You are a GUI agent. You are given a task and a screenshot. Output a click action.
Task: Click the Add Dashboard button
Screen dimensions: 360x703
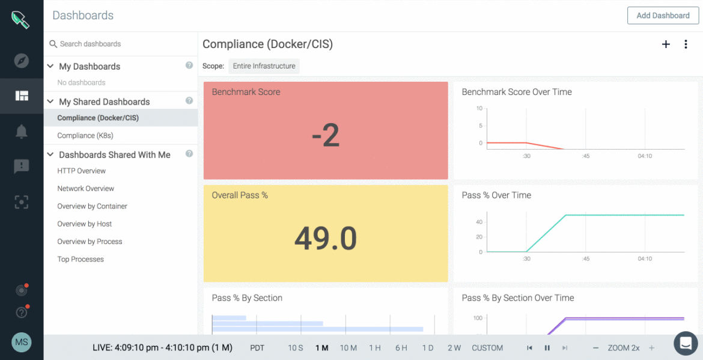point(663,16)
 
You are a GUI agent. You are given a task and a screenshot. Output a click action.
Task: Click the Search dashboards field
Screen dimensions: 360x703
point(120,44)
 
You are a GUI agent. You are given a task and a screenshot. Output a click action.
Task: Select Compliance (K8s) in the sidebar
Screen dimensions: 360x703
point(85,136)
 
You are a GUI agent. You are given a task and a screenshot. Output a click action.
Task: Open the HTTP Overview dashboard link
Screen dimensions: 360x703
point(82,171)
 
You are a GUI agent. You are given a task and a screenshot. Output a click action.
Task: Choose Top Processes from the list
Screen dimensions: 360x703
point(81,260)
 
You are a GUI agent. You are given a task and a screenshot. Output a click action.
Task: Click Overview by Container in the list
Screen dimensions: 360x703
point(92,206)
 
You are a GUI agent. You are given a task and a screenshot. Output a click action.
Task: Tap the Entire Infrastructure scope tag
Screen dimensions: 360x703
point(264,66)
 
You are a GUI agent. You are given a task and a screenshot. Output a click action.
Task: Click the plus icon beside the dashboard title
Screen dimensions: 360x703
point(666,44)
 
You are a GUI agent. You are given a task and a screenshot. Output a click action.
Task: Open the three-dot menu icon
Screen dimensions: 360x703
point(686,44)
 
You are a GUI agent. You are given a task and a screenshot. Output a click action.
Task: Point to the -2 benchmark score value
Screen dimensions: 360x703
point(326,136)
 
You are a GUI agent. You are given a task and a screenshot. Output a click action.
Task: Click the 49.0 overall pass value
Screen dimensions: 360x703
point(326,239)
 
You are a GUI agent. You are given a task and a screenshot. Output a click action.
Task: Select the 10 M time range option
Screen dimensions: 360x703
point(348,348)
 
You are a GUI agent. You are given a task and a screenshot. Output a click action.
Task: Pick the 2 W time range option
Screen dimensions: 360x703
point(454,348)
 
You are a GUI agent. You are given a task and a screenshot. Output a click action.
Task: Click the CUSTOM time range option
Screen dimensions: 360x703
point(487,348)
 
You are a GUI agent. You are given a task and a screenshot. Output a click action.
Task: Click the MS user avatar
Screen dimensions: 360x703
point(22,343)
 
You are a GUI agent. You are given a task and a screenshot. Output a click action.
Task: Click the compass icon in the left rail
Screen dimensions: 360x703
point(22,61)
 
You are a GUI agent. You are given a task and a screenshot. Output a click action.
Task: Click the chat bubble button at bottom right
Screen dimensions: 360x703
point(685,343)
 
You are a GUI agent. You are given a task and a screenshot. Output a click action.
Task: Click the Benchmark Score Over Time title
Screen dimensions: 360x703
point(516,92)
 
